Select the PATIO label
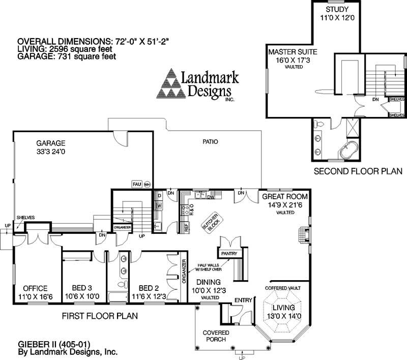click(209, 141)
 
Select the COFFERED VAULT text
click(283, 288)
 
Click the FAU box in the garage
click(136, 184)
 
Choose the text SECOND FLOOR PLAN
click(358, 171)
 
